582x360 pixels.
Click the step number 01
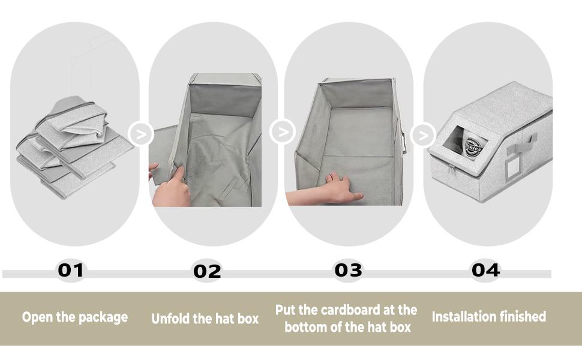pyautogui.click(x=71, y=270)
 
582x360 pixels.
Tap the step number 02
pyautogui.click(x=207, y=271)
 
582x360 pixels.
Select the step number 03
pyautogui.click(x=349, y=270)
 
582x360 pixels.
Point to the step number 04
pyautogui.click(x=485, y=270)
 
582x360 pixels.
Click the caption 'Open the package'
pyautogui.click(x=75, y=317)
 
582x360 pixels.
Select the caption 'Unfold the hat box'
pyautogui.click(x=205, y=318)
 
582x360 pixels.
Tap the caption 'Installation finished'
pyautogui.click(x=488, y=316)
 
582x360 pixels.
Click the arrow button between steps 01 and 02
pyautogui.click(x=141, y=133)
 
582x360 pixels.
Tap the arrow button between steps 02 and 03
pyautogui.click(x=282, y=131)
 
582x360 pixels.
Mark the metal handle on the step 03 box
pyautogui.click(x=404, y=145)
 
